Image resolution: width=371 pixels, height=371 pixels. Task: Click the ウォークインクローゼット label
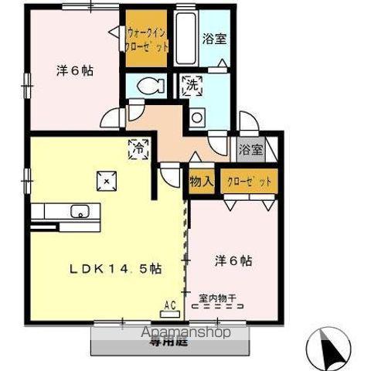[x=147, y=39]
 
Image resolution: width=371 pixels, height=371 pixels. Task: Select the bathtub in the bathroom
[x=185, y=39]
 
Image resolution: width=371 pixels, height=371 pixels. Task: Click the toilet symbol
[x=146, y=87]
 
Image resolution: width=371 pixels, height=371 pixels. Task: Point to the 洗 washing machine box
[x=192, y=87]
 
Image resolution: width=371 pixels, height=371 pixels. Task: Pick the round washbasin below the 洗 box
[x=198, y=117]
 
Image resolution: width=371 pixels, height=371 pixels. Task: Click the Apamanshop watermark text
[x=185, y=332]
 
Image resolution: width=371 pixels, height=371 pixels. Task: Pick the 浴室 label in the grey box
[x=250, y=149]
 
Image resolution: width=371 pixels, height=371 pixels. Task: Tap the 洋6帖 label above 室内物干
[x=233, y=262]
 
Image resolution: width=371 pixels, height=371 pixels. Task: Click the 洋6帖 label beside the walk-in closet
[x=74, y=70]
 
